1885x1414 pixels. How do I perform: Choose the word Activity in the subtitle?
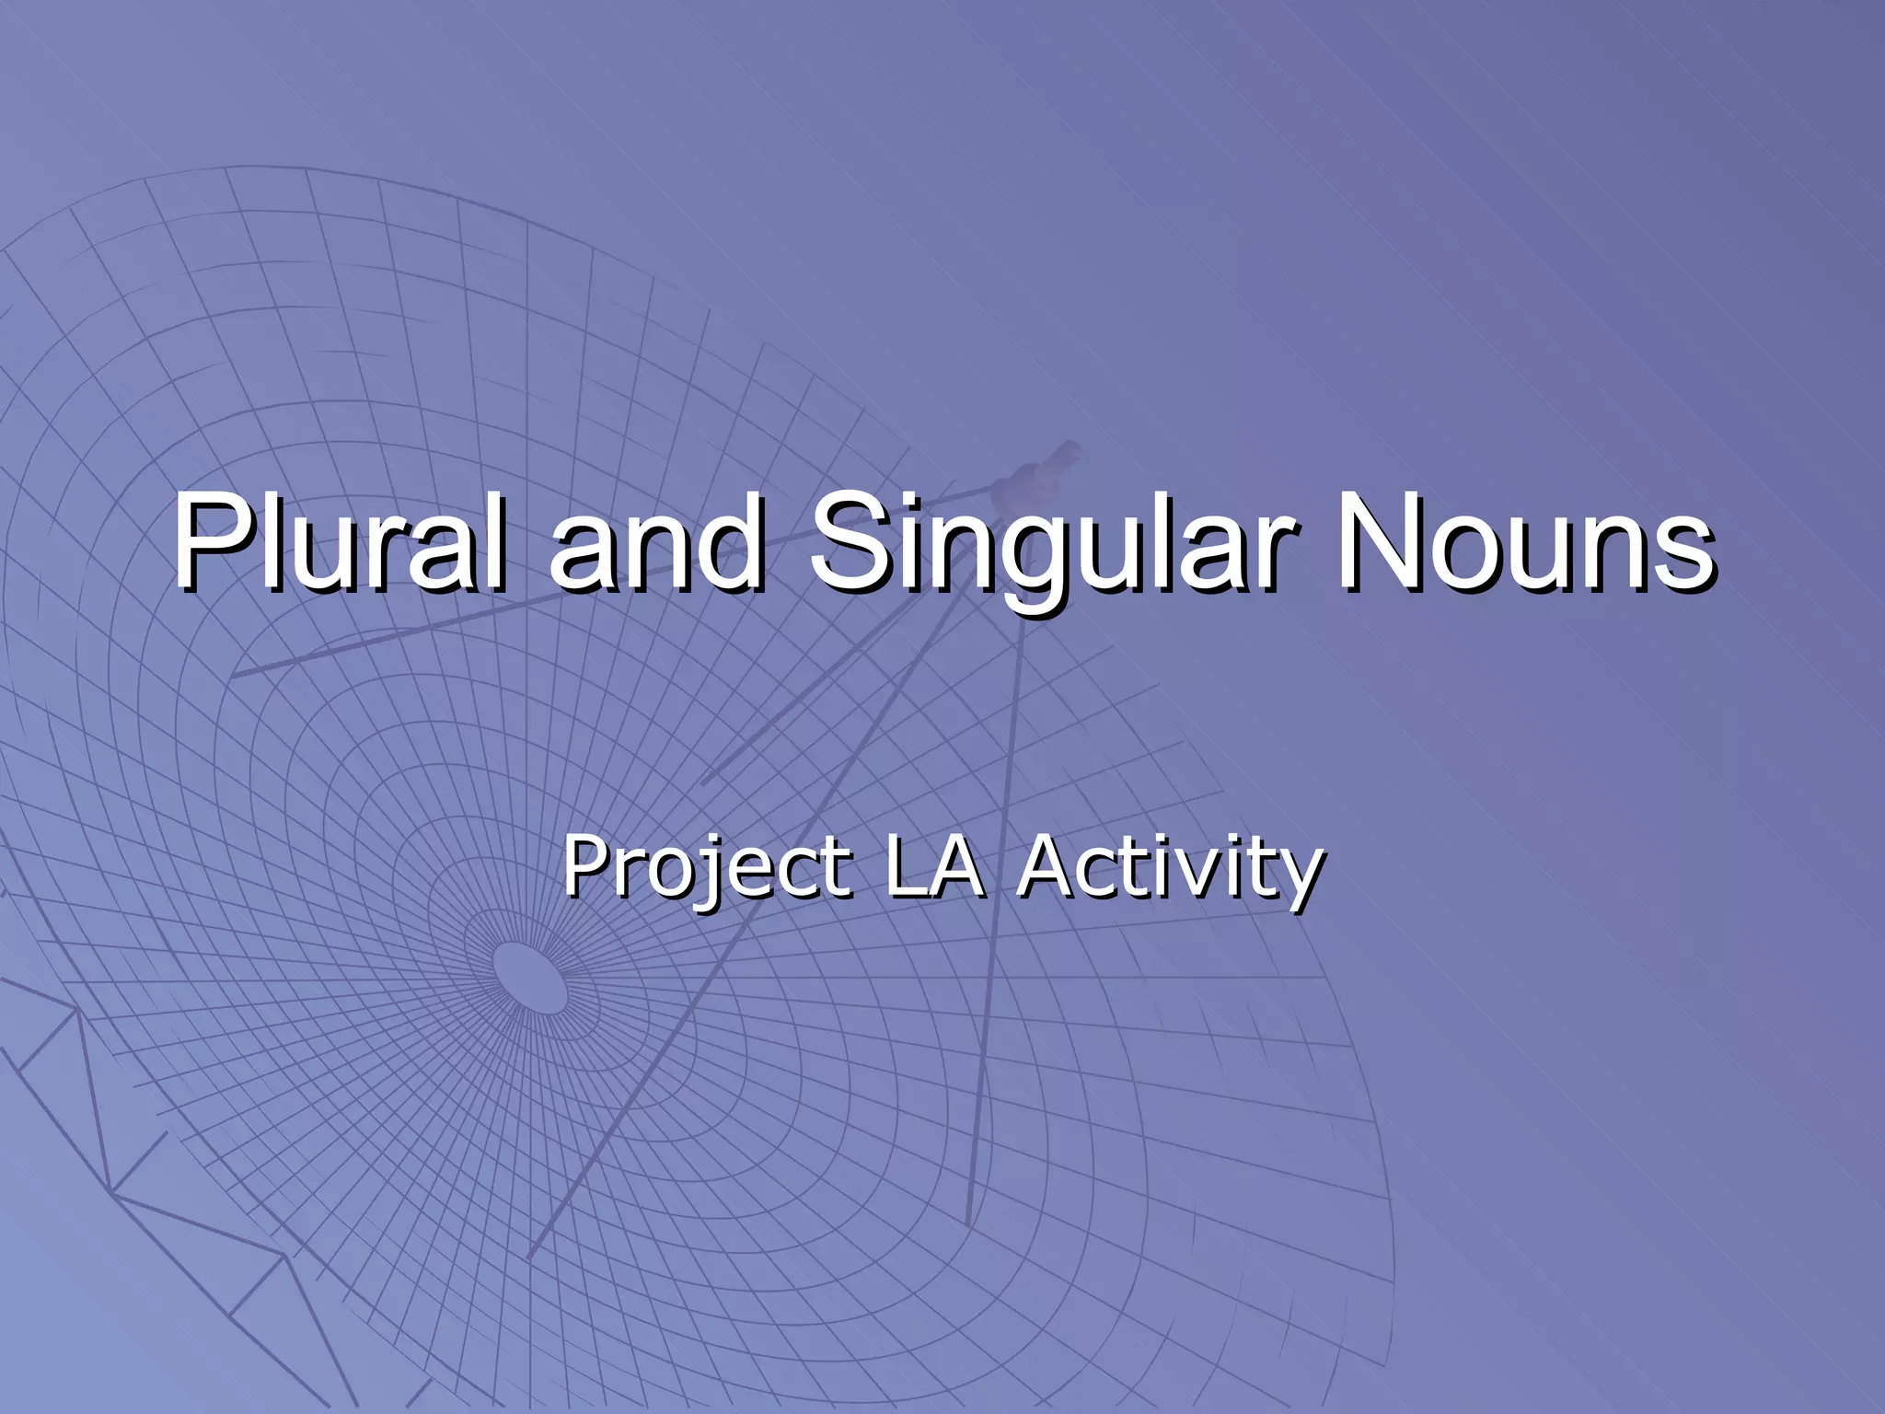pos(1171,867)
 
